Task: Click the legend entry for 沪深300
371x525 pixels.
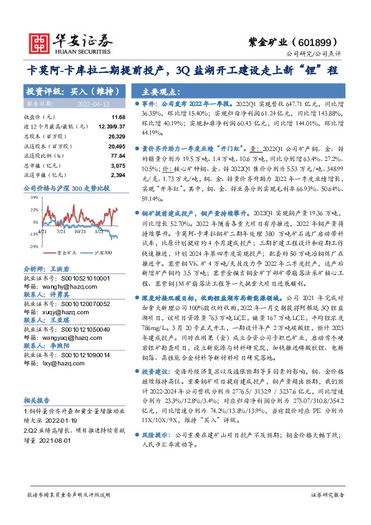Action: (x=102, y=253)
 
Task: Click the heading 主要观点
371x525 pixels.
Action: (x=156, y=90)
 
